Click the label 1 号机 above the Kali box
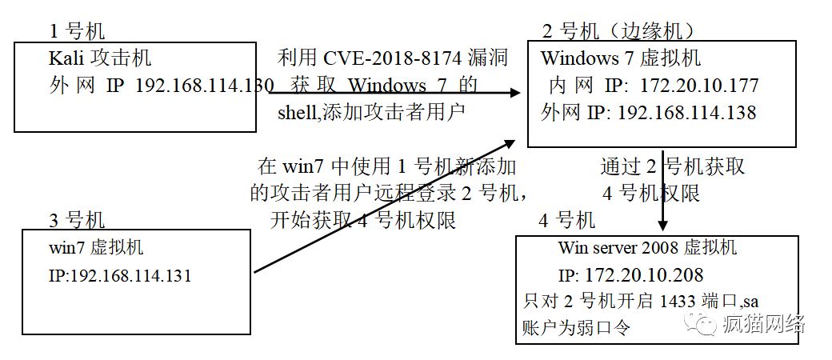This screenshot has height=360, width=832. pos(78,32)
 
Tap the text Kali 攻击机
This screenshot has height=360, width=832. pos(99,58)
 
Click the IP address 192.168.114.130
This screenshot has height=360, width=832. pos(205,85)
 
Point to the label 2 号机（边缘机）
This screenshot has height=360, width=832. pos(618,32)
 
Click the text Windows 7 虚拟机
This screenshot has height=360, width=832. pos(620,58)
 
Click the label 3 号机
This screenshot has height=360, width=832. pos(78,219)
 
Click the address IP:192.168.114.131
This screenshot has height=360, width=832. pos(120,276)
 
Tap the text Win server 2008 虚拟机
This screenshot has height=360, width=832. pos(647,248)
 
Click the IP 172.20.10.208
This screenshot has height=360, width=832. pos(644,275)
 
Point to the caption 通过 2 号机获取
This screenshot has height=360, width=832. pos(673,166)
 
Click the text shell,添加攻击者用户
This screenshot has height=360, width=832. pos(371,112)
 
